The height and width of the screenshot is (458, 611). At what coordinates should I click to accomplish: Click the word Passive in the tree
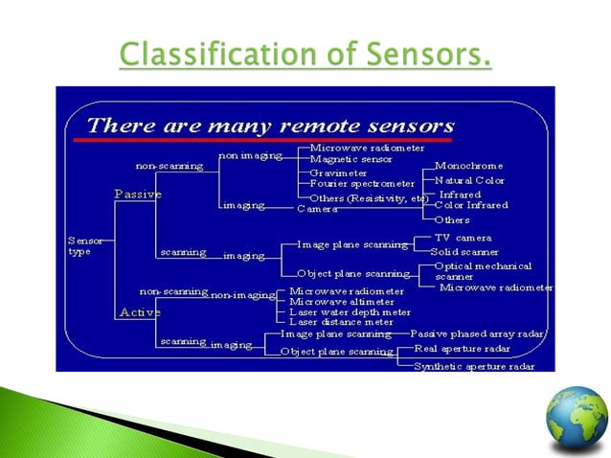(138, 194)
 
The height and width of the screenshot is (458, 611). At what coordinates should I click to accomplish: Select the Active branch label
(140, 312)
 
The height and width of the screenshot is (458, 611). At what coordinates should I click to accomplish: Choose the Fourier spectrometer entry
(362, 184)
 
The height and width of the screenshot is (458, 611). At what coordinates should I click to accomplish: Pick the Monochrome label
(469, 165)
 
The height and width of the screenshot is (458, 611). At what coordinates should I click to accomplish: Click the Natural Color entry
(469, 180)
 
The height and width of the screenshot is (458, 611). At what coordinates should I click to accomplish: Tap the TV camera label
(463, 238)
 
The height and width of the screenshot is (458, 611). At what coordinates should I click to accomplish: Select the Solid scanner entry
(464, 251)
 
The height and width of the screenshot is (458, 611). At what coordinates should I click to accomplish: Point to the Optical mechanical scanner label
(483, 270)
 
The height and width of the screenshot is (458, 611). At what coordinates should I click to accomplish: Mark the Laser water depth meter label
(351, 312)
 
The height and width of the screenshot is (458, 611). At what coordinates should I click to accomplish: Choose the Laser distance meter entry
(342, 323)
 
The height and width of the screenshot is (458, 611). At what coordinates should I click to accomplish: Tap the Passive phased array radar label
(478, 333)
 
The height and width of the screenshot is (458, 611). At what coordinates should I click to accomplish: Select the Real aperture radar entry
(464, 349)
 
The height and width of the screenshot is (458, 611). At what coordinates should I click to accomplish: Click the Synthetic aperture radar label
(473, 366)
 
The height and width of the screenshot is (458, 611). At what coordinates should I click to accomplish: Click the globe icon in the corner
(577, 420)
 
